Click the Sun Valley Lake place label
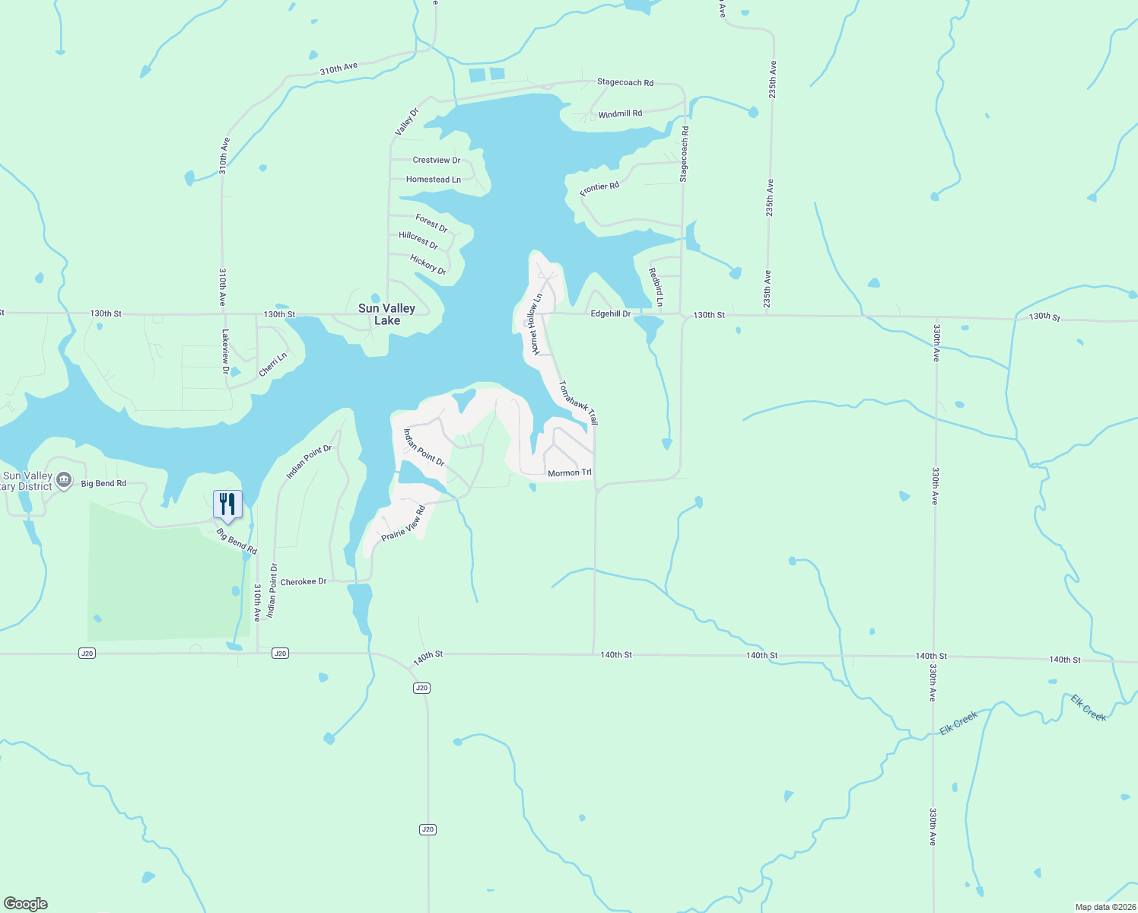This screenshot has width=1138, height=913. (386, 314)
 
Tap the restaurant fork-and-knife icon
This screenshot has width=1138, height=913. (227, 504)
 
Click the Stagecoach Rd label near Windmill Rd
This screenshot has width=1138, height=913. (625, 82)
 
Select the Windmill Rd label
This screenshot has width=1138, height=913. (620, 114)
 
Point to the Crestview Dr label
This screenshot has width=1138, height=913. (436, 161)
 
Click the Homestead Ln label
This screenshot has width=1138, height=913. (433, 180)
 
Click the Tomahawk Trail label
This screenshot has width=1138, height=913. (579, 402)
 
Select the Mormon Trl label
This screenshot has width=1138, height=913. (569, 473)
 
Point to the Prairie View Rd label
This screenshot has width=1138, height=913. (403, 523)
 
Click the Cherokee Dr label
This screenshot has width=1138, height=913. (303, 582)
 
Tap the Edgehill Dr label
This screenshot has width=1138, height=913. (611, 313)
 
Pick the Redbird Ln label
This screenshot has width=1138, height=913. (655, 288)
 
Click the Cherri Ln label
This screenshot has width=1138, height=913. (273, 364)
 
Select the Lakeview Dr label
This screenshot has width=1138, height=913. (225, 351)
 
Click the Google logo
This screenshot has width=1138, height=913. (26, 904)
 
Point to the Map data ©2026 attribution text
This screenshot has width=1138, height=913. (1105, 907)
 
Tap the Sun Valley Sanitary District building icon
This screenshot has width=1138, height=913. (64, 479)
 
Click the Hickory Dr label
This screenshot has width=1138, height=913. (428, 265)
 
